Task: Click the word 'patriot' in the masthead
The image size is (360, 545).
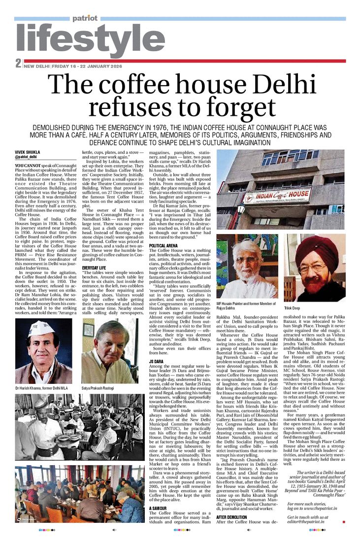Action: (x=85, y=18)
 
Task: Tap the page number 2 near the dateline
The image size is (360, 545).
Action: (x=18, y=64)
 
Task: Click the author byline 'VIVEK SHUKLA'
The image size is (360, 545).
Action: (x=27, y=152)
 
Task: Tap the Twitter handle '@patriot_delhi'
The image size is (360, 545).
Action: (x=27, y=157)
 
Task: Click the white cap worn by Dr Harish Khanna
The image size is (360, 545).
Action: (x=41, y=328)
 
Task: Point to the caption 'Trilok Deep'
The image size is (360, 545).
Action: (x=292, y=308)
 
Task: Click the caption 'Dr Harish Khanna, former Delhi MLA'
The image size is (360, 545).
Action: (x=43, y=388)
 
